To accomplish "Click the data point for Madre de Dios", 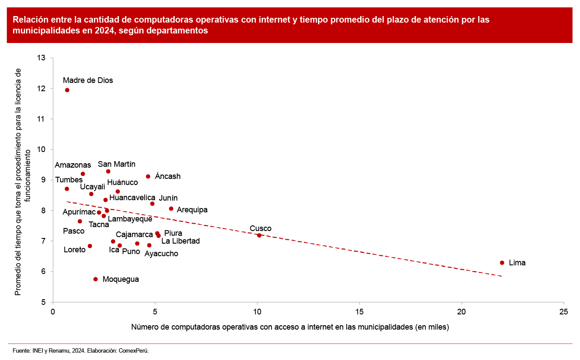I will point(67,90).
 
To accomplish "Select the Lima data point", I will point(502,263).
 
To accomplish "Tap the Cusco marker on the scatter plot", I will point(259,235).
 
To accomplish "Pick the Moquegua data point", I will point(96,279).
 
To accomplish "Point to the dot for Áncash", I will point(148,176).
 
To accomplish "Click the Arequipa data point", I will point(171,209).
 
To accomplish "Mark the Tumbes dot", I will point(67,189).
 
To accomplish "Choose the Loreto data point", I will point(90,246).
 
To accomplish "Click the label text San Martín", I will point(116,164).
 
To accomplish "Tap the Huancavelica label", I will point(132,198).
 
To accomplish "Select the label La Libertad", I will point(180,241).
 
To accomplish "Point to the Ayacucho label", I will point(161,254).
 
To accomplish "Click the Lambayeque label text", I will point(130,219).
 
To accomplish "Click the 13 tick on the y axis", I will point(42,58).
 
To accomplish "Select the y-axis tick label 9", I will point(44,180).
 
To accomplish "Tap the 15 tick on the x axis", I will point(359,311).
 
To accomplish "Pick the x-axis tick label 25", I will point(563,311).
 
